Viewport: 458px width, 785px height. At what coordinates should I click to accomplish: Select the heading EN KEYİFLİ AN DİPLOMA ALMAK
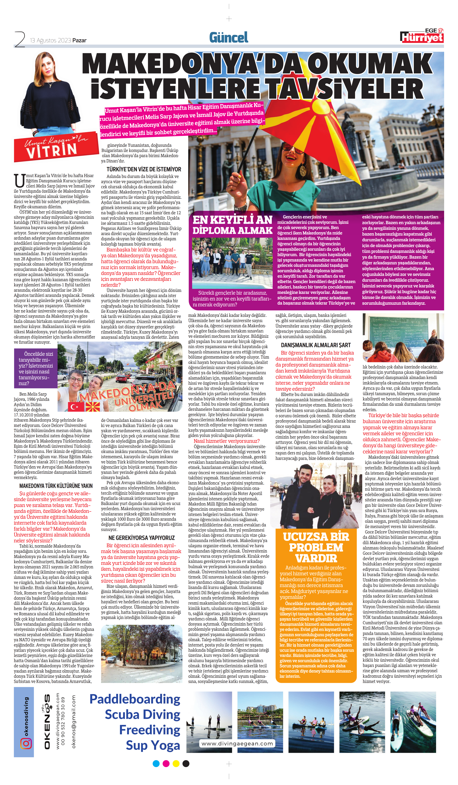(x=232, y=225)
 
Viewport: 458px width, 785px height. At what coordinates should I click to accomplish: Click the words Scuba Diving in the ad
(x=142, y=714)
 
